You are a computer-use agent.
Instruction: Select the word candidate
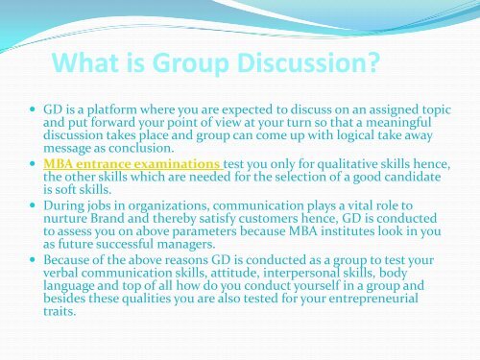[405, 180]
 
